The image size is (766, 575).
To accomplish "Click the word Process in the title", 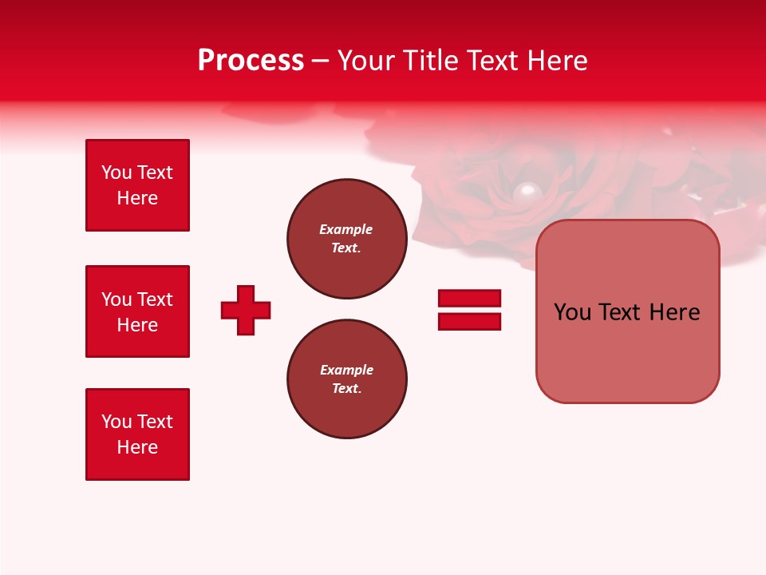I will (251, 61).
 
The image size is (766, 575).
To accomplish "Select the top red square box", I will (137, 185).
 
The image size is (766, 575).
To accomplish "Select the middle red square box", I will (137, 311).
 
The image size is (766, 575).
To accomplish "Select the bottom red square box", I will (137, 434).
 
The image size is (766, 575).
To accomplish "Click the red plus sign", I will (246, 310).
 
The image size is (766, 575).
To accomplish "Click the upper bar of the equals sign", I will (469, 298).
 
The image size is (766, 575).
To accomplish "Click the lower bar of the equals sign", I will (469, 321).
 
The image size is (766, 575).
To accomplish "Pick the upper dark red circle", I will (347, 239).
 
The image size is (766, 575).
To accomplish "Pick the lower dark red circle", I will (347, 379).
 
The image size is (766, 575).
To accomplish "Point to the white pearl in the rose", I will (526, 191).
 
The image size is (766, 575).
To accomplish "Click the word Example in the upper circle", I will (345, 229).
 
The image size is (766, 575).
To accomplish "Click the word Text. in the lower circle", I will (346, 389).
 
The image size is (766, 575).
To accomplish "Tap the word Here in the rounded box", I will (674, 312).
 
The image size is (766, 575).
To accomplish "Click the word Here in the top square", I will (137, 198).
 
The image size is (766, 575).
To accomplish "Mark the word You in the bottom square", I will (116, 422).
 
